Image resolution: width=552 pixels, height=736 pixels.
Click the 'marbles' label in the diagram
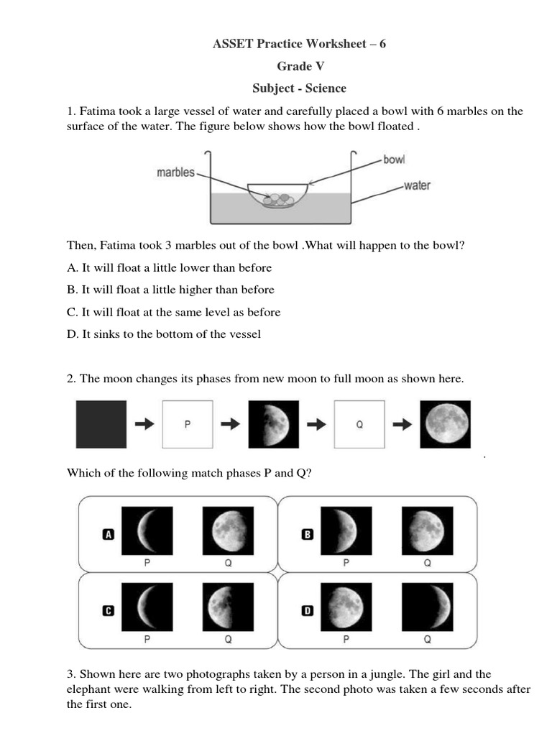(x=176, y=172)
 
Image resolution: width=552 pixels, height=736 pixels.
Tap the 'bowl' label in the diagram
(x=395, y=160)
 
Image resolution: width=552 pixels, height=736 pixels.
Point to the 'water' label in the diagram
(x=417, y=185)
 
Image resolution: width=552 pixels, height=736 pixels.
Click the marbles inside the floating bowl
(x=277, y=199)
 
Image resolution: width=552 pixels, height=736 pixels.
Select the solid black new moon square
(x=101, y=424)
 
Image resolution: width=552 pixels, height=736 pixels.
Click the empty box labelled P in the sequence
(x=188, y=424)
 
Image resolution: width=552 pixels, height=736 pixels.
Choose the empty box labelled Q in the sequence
(x=359, y=424)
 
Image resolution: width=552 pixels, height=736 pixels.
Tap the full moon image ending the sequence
(x=446, y=424)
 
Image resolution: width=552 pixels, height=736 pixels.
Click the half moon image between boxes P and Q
(x=273, y=424)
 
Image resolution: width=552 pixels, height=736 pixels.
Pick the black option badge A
(x=109, y=534)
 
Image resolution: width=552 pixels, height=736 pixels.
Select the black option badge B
(x=308, y=534)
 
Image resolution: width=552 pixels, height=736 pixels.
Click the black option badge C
(x=109, y=611)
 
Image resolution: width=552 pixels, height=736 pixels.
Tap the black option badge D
(x=308, y=611)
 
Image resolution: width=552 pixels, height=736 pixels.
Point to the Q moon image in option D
(x=427, y=608)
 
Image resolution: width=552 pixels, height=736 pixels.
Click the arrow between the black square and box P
(x=144, y=424)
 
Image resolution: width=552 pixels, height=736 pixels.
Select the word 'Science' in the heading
(x=326, y=88)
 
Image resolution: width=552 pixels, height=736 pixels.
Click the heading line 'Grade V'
(x=300, y=66)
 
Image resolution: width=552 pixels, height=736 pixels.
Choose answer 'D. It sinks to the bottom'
(x=164, y=333)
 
